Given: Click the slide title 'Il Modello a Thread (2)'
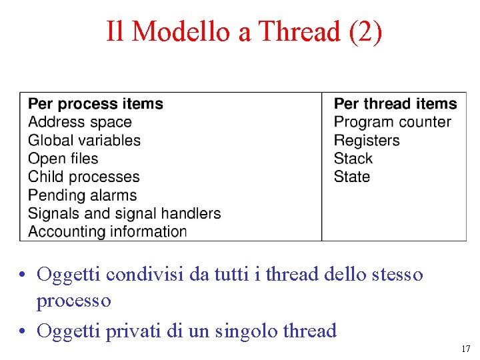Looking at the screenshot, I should point(244,31).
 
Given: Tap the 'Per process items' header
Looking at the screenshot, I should point(95,104).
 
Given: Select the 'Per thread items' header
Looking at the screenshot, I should point(395,104).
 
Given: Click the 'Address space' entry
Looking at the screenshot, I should point(80,122).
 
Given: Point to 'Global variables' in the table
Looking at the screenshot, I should point(84,141).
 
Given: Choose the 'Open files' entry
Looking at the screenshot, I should point(63,159).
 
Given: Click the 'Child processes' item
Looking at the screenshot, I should point(83,177).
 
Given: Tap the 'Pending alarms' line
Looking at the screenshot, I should point(82,195).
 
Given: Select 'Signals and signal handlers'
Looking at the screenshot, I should point(124,213).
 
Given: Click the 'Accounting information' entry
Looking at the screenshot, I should point(107,232).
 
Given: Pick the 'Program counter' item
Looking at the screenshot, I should point(392,122).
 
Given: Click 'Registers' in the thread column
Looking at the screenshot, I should point(367,141).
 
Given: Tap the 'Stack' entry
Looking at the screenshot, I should point(353,159).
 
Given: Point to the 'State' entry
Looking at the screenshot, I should point(352,177).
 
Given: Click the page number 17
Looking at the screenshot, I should point(465,349).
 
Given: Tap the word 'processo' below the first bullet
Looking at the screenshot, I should point(73,301).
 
